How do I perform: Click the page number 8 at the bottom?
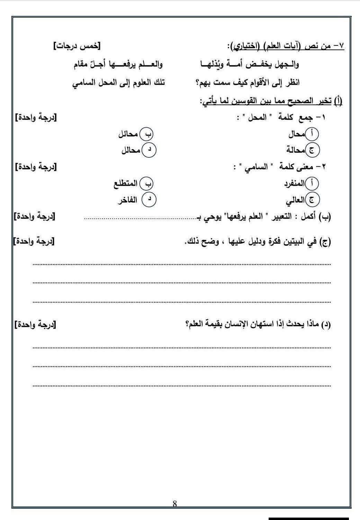tap(175, 504)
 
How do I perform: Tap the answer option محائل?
tap(128, 134)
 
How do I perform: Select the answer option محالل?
tap(130, 150)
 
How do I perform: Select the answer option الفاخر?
tap(127, 200)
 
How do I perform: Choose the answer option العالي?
tap(295, 200)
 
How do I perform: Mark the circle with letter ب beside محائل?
tap(147, 134)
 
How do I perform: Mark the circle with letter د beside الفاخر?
tap(150, 199)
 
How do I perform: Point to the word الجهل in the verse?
tap(283, 64)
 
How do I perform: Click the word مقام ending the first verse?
tap(83, 64)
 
